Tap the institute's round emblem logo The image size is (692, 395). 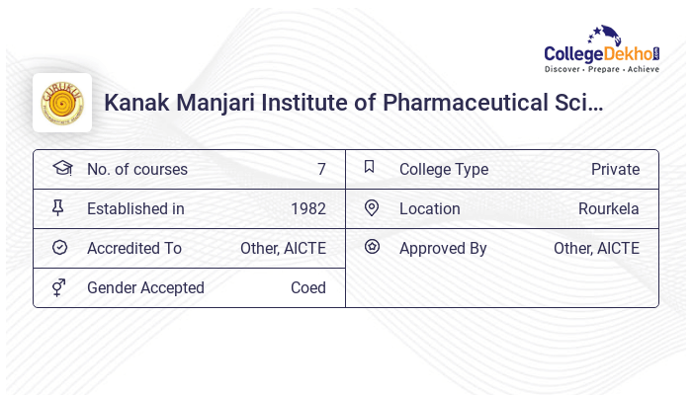62,103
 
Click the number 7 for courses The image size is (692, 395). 321,169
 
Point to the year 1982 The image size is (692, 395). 307,208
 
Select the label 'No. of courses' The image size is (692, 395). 136,169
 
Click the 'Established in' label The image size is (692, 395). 135,208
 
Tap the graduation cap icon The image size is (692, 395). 61,168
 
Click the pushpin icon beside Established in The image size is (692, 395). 59,207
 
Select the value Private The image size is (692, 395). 615,169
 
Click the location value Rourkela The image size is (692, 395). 608,208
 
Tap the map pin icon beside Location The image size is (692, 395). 372,207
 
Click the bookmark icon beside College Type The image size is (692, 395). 370,167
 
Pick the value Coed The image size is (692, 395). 307,287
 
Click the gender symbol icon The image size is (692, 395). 59,287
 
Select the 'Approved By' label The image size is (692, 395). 443,248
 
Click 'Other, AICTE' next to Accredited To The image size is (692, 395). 283,248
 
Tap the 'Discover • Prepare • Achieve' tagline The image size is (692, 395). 602,70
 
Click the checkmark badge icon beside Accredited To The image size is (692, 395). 59,248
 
